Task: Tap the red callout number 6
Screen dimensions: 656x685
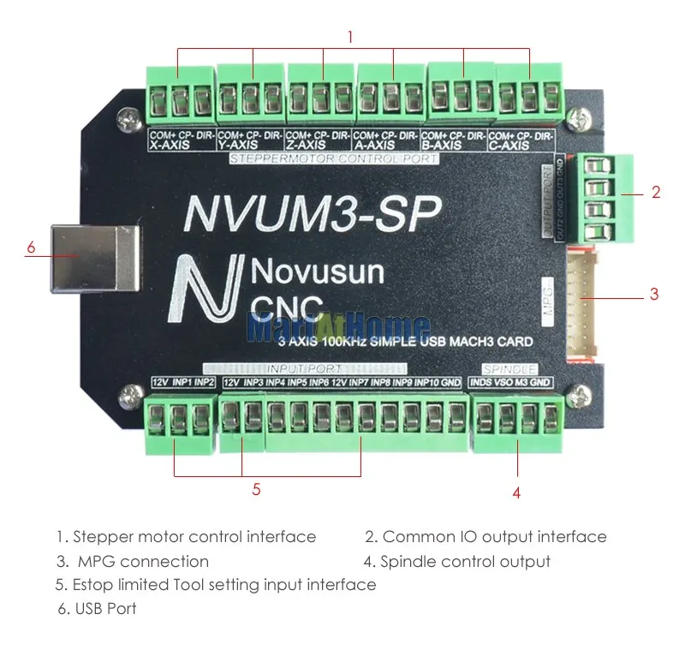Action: tap(31, 247)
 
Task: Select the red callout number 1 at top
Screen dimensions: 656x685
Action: tap(349, 37)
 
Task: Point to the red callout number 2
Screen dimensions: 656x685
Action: tap(656, 193)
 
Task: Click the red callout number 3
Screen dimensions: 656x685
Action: tap(654, 294)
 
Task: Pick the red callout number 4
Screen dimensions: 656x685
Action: tap(516, 492)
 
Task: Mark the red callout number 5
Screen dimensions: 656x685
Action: tap(256, 490)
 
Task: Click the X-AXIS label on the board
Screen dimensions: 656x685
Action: tap(170, 146)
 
